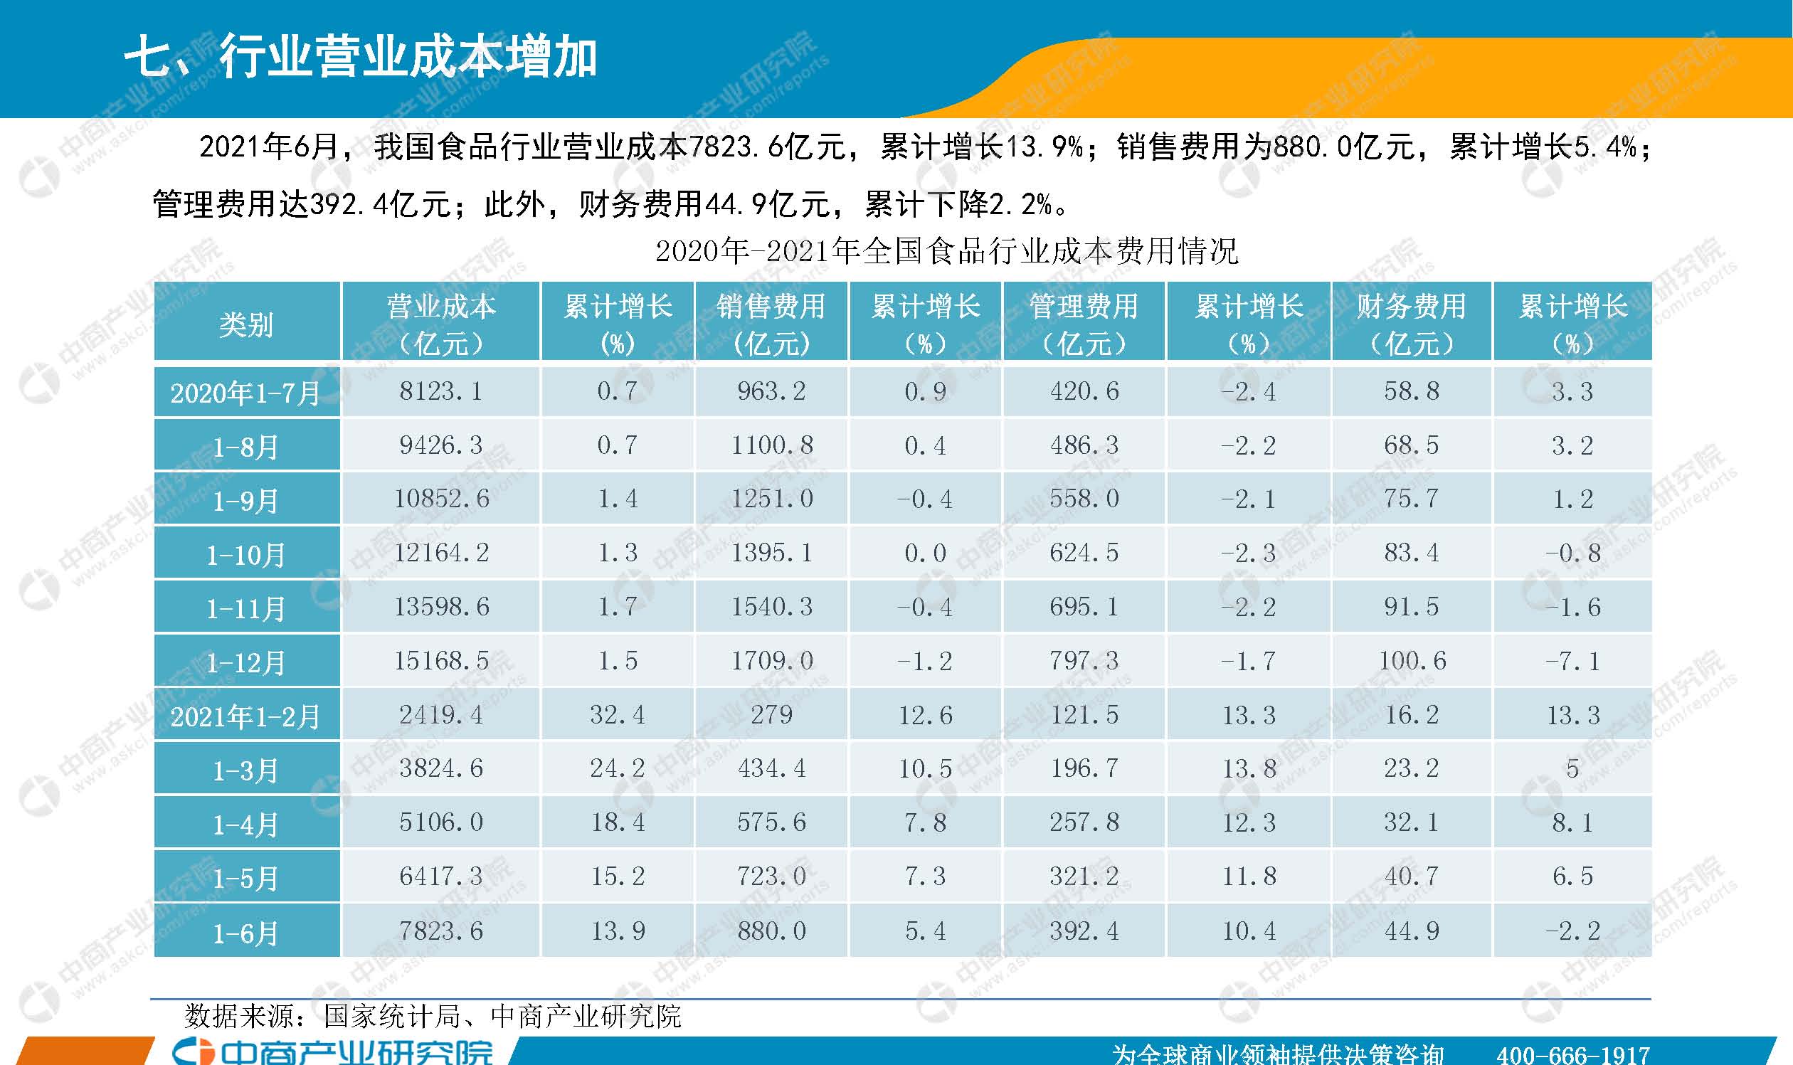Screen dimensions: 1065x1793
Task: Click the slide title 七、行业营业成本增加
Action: [x=360, y=58]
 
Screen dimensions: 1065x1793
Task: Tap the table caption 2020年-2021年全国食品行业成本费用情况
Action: [x=946, y=251]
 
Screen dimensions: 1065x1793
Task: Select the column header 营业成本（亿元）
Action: [x=440, y=324]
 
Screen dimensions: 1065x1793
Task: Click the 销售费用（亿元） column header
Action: [x=771, y=324]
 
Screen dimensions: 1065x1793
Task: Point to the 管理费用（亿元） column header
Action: [x=1084, y=324]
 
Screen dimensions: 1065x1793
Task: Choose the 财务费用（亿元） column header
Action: [x=1411, y=324]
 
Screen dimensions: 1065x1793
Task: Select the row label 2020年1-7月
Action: [x=246, y=393]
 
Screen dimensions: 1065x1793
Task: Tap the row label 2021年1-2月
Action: [x=246, y=716]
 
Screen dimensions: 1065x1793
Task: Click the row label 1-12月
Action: [x=246, y=662]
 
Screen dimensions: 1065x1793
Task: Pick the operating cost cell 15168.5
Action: [x=440, y=661]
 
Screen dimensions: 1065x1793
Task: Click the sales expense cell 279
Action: [x=771, y=715]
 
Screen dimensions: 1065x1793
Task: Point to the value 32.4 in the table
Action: [x=618, y=715]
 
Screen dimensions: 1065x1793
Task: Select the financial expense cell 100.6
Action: [x=1412, y=661]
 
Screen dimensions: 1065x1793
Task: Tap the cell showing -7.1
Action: [x=1572, y=661]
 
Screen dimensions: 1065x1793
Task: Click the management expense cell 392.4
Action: [x=1084, y=931]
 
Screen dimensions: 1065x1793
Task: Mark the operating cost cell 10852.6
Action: [x=440, y=499]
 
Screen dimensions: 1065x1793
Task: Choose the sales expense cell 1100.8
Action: [x=771, y=445]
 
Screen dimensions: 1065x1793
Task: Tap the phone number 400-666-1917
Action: [x=1572, y=1054]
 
